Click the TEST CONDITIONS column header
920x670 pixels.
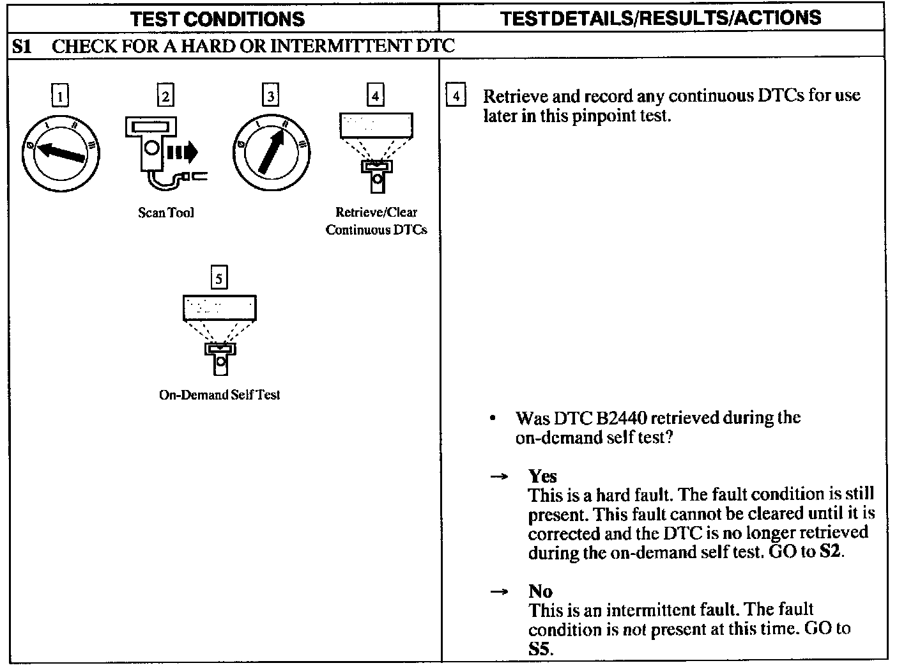(x=217, y=18)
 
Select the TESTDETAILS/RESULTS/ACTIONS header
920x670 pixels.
(x=661, y=18)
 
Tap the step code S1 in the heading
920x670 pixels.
(x=23, y=46)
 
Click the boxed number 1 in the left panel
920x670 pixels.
(x=60, y=97)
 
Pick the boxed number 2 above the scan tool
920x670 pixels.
(x=165, y=97)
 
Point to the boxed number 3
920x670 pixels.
(x=271, y=97)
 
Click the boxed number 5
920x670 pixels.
(x=219, y=279)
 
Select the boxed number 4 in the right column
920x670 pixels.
(x=455, y=97)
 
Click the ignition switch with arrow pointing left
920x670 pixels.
(x=61, y=153)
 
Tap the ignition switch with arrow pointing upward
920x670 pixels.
(x=272, y=153)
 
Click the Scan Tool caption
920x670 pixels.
(x=166, y=213)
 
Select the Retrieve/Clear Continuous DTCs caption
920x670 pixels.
(x=376, y=221)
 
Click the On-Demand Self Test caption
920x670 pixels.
(x=219, y=395)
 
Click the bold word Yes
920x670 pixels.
(x=542, y=476)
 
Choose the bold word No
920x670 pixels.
(x=540, y=591)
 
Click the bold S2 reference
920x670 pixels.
(x=830, y=552)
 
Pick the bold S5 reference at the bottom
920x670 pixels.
(x=540, y=649)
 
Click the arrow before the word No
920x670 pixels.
(x=499, y=592)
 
